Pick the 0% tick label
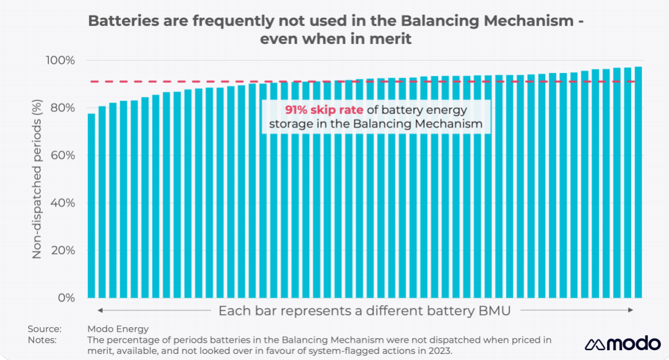[66, 298]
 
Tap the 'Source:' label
[44, 329]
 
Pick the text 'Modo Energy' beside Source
[118, 329]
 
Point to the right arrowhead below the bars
[631, 310]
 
